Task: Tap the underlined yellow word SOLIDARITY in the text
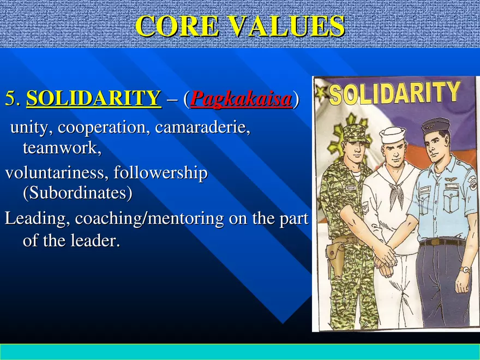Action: (94, 99)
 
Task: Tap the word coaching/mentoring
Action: (149, 219)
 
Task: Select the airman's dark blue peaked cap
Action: (435, 125)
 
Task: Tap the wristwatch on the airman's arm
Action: (464, 269)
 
